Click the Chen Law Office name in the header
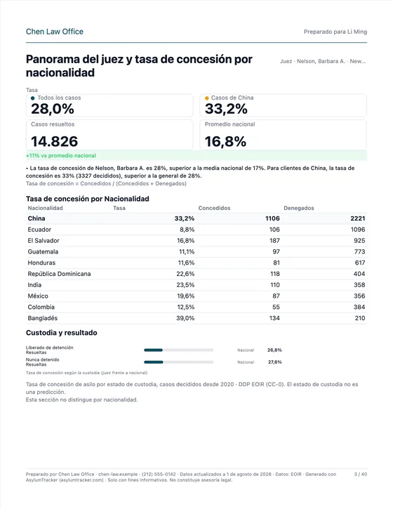point(55,32)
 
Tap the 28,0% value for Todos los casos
point(53,109)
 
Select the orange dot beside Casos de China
point(207,98)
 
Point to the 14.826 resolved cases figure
point(55,142)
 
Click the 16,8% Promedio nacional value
point(225,142)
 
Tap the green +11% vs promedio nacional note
point(61,155)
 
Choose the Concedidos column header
point(214,208)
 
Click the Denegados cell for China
point(358,218)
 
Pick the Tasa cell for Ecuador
point(187,230)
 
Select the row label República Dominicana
point(59,274)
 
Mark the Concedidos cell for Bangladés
point(274,318)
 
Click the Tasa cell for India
point(185,285)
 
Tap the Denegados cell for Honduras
point(360,263)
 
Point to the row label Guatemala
point(43,251)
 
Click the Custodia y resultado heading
point(61,333)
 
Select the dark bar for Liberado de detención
point(153,350)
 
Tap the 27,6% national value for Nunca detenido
point(275,362)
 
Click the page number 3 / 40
point(361,475)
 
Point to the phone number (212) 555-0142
point(159,475)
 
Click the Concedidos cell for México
point(276,296)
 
